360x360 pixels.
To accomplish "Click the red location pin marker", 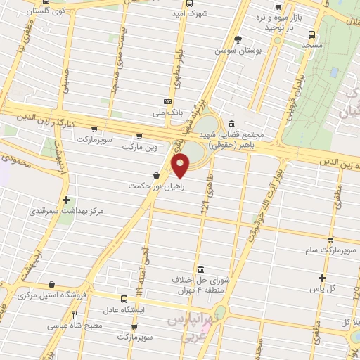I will click(181, 166).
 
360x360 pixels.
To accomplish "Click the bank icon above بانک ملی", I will click(167, 101).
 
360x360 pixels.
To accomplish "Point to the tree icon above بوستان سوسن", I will click(237, 40).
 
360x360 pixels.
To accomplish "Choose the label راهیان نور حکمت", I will click(148, 186).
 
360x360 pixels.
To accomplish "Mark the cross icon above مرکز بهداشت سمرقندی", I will click(67, 200).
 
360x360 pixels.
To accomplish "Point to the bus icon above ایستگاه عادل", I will click(124, 298).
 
